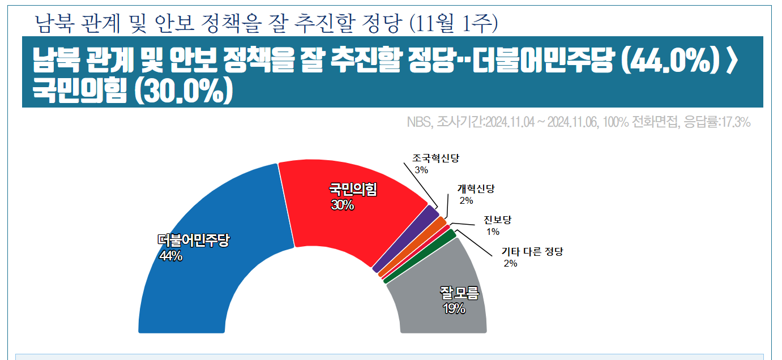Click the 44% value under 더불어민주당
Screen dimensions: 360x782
tap(170, 256)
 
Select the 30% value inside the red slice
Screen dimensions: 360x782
tap(343, 205)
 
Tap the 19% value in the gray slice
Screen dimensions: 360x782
tap(454, 308)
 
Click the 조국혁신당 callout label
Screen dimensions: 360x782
tap(435, 158)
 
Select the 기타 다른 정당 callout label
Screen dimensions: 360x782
tap(532, 251)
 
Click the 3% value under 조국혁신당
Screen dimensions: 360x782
tap(421, 170)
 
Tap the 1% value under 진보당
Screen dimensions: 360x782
tap(493, 231)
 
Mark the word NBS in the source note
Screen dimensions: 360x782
tap(418, 122)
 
